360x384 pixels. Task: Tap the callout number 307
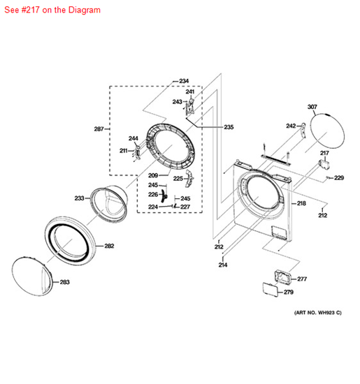pyautogui.click(x=312, y=107)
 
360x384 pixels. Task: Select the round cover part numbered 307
pyautogui.click(x=330, y=137)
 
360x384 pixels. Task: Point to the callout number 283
pyautogui.click(x=64, y=282)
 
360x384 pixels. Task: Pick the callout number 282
pyautogui.click(x=109, y=246)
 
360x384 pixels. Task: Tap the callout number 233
pyautogui.click(x=79, y=198)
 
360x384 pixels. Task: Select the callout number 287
pyautogui.click(x=99, y=129)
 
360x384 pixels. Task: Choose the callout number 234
pyautogui.click(x=184, y=81)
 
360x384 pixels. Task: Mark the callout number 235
pyautogui.click(x=229, y=127)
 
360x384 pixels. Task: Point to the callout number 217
pyautogui.click(x=324, y=153)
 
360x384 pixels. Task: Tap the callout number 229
pyautogui.click(x=339, y=178)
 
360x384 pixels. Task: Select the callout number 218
pyautogui.click(x=301, y=203)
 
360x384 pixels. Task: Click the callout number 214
pyautogui.click(x=223, y=265)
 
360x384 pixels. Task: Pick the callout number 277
pyautogui.click(x=302, y=279)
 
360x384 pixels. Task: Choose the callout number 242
pyautogui.click(x=290, y=126)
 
